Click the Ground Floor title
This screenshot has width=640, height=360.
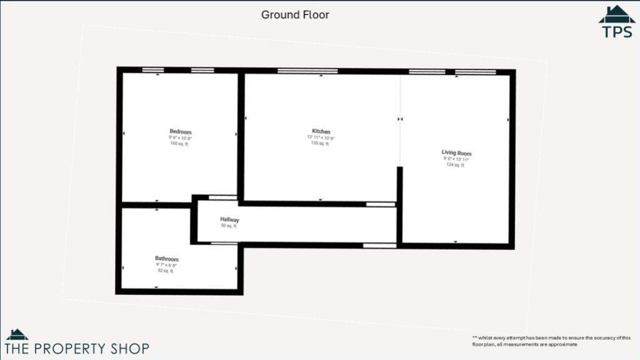[x=295, y=14]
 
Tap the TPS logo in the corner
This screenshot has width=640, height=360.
[x=617, y=23]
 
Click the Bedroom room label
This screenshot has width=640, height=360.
[x=180, y=132]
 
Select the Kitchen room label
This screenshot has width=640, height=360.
[x=321, y=132]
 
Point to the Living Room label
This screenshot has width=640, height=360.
[x=456, y=153]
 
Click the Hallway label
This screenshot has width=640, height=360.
[x=229, y=220]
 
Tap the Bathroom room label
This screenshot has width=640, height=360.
[x=167, y=259]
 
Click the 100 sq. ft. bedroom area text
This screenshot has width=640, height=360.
[x=179, y=144]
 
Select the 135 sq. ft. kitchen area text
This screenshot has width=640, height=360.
[x=321, y=143]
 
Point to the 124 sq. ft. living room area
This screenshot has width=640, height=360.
[x=455, y=165]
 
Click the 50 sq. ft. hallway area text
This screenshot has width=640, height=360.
[x=229, y=226]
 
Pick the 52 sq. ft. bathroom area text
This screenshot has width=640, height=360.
[x=166, y=271]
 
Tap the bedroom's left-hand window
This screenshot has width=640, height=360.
[x=153, y=70]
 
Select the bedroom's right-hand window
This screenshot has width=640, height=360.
[x=201, y=70]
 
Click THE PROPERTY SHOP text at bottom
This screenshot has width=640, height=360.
[x=77, y=348]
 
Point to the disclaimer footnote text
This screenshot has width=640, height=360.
[x=551, y=341]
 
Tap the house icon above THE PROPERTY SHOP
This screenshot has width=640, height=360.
[x=17, y=334]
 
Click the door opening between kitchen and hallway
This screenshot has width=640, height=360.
[x=380, y=204]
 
